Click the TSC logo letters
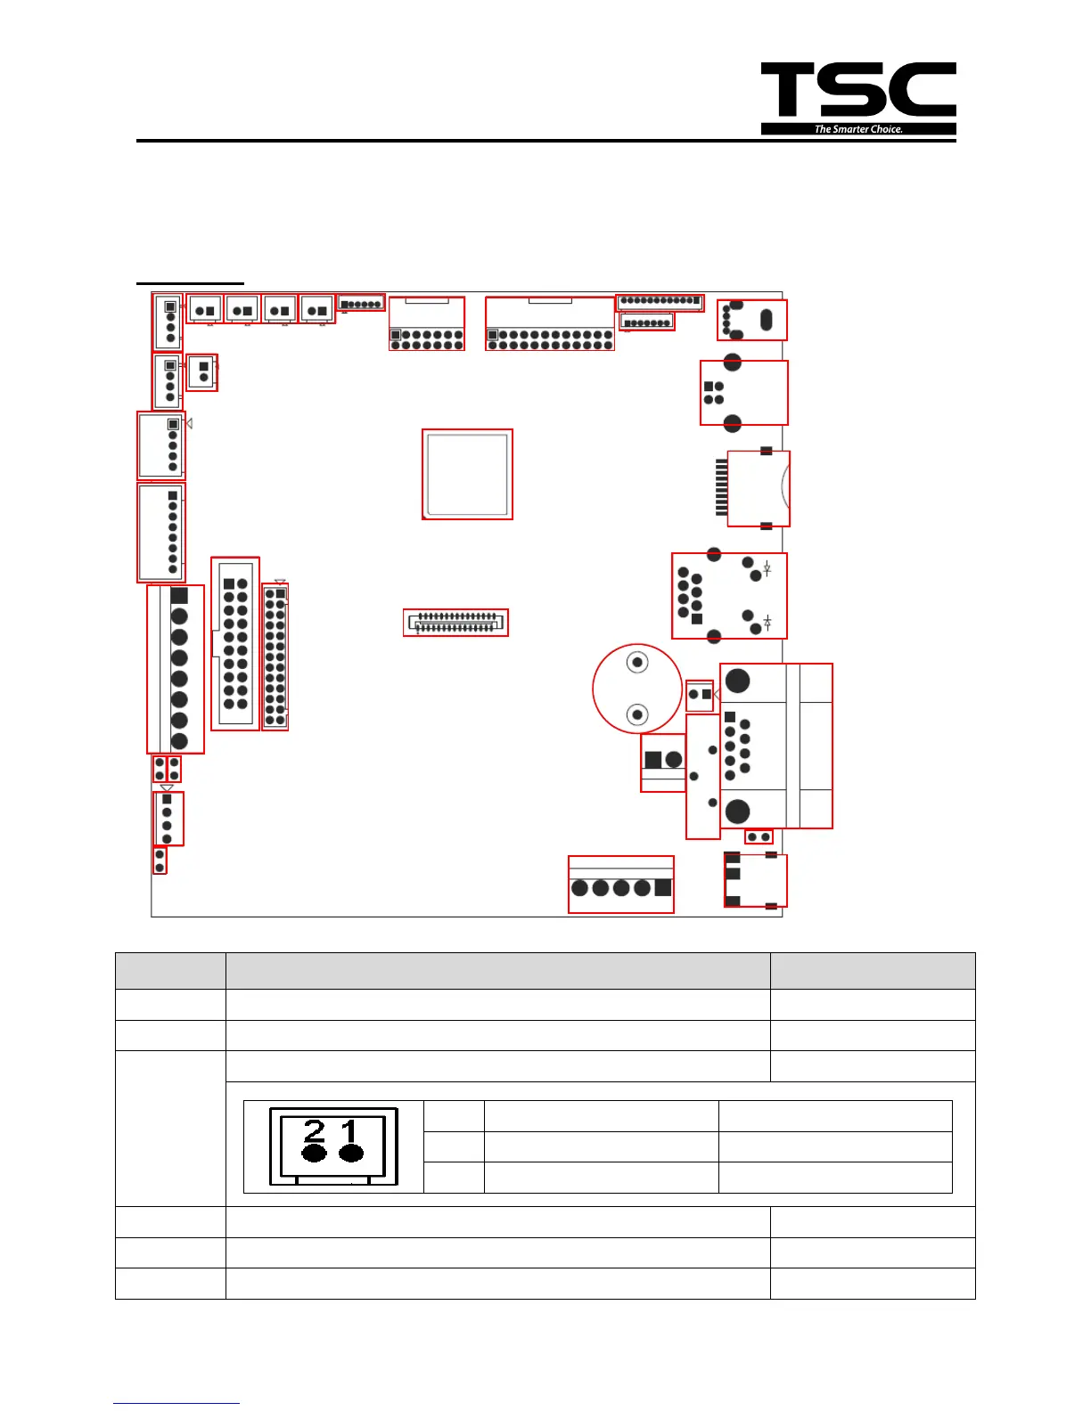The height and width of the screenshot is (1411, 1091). pyautogui.click(x=857, y=90)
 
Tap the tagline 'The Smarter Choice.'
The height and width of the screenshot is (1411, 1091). pyautogui.click(x=858, y=129)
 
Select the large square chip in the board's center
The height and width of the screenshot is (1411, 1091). pyautogui.click(x=467, y=474)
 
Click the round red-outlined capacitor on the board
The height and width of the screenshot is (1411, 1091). pyautogui.click(x=637, y=689)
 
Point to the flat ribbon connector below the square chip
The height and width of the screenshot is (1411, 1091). pyautogui.click(x=455, y=622)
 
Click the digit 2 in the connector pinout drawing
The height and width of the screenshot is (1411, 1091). pyautogui.click(x=315, y=1131)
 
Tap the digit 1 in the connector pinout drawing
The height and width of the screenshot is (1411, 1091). pyautogui.click(x=349, y=1131)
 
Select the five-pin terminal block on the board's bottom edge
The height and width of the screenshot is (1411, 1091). pyautogui.click(x=621, y=885)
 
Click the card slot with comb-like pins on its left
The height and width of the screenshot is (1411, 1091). pyautogui.click(x=754, y=488)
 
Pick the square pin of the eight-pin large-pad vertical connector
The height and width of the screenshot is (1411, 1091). pyautogui.click(x=179, y=595)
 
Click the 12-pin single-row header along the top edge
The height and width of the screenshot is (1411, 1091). pyautogui.click(x=660, y=301)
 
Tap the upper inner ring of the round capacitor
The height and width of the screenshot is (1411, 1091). pyautogui.click(x=637, y=663)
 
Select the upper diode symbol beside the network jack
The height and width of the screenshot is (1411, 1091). pyautogui.click(x=767, y=569)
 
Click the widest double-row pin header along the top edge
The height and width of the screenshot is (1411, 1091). pyautogui.click(x=550, y=323)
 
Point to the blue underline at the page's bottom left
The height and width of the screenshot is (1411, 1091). pyautogui.click(x=176, y=1404)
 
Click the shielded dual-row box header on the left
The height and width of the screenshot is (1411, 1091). pyautogui.click(x=235, y=643)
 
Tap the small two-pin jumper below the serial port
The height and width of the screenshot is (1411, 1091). pyautogui.click(x=759, y=837)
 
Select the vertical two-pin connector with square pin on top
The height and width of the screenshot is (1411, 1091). pyautogui.click(x=202, y=372)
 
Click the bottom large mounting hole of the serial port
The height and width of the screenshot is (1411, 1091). pyautogui.click(x=737, y=811)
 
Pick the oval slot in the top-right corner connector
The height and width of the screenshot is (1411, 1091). pyautogui.click(x=766, y=320)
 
